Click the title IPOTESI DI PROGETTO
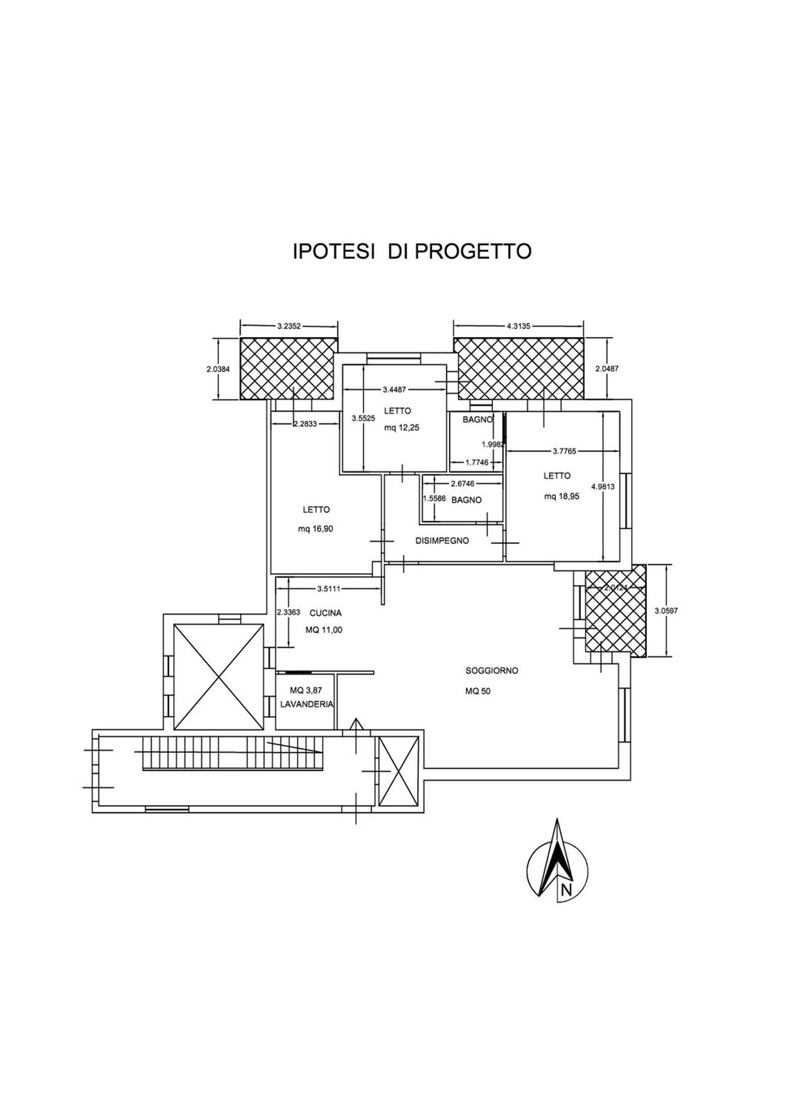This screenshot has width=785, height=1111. click(412, 251)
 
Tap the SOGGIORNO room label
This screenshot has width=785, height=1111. click(491, 670)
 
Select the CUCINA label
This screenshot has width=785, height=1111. click(326, 613)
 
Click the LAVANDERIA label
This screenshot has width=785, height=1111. click(307, 704)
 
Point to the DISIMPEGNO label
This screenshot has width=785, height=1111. click(442, 541)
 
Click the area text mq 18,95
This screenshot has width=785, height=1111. click(562, 497)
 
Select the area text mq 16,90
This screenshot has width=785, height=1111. click(316, 529)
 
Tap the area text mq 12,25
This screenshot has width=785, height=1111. click(402, 427)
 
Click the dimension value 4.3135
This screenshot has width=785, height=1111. click(518, 326)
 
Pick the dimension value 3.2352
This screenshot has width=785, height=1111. click(288, 326)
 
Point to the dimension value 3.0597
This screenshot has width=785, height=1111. click(666, 610)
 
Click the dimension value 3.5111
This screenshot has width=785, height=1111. click(329, 589)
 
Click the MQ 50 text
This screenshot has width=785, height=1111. click(478, 691)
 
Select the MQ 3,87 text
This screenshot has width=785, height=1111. click(306, 691)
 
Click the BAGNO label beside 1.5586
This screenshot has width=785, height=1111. click(466, 500)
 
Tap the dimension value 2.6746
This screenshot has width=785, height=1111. click(463, 484)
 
